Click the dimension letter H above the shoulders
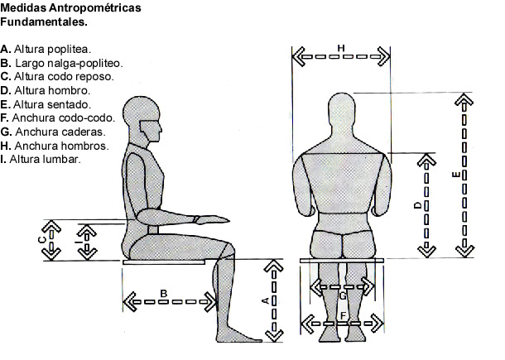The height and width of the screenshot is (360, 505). tap(341, 49)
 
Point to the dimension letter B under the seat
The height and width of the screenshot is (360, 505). tap(164, 292)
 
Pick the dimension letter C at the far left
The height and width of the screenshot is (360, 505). tap(41, 240)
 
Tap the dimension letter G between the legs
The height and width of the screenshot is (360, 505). tap(343, 295)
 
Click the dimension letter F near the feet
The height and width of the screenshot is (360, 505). tap(343, 314)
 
